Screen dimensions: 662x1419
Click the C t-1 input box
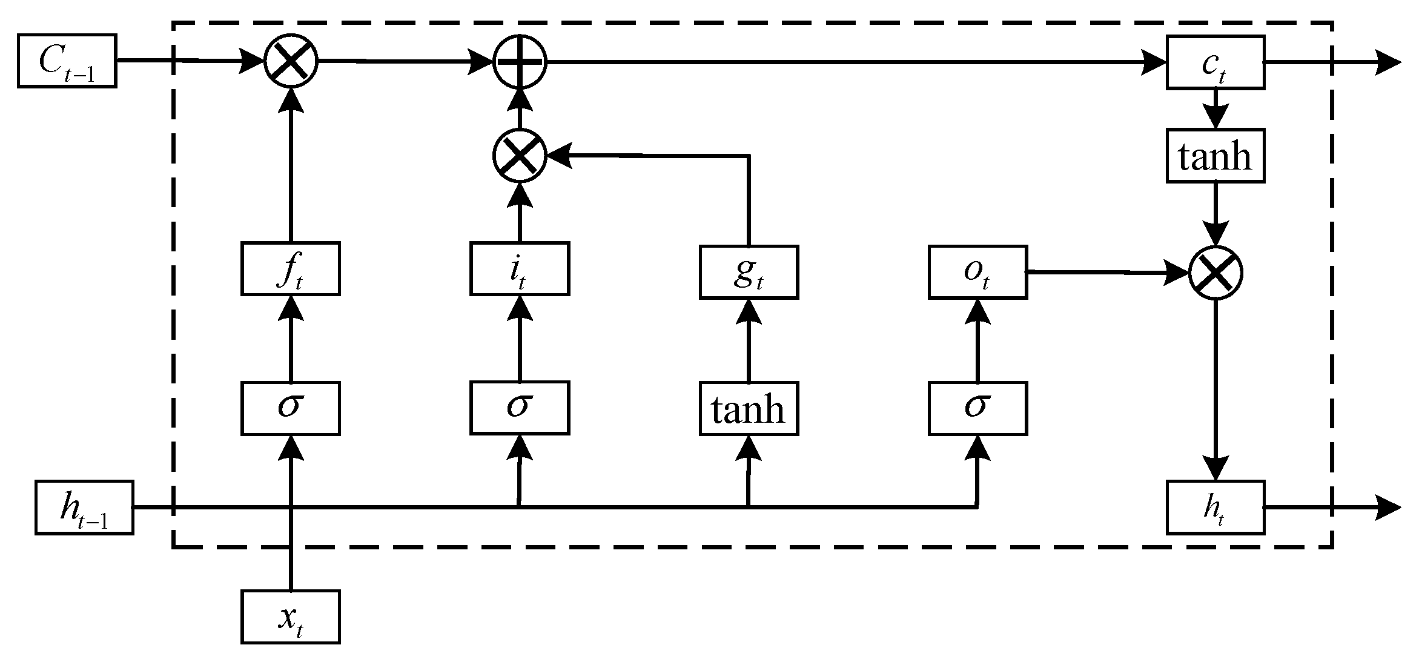[67, 61]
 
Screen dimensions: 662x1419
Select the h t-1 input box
[84, 508]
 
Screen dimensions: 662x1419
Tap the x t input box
[290, 617]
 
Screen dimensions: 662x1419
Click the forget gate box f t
[290, 268]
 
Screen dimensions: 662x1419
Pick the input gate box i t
[519, 268]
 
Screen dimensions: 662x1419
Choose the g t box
[749, 272]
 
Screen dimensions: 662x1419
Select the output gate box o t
[977, 272]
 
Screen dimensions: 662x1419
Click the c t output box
[1215, 63]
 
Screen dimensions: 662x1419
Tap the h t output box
[1215, 508]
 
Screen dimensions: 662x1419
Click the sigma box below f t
[290, 408]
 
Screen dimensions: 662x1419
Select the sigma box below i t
[519, 408]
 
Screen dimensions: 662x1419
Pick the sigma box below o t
[977, 408]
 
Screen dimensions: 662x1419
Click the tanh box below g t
[749, 408]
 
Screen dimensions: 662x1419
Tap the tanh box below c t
[1215, 156]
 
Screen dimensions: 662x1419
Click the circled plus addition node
[520, 61]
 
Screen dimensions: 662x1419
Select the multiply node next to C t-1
[291, 61]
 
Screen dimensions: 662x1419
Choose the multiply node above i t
[520, 155]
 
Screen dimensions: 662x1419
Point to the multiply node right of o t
[1216, 273]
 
